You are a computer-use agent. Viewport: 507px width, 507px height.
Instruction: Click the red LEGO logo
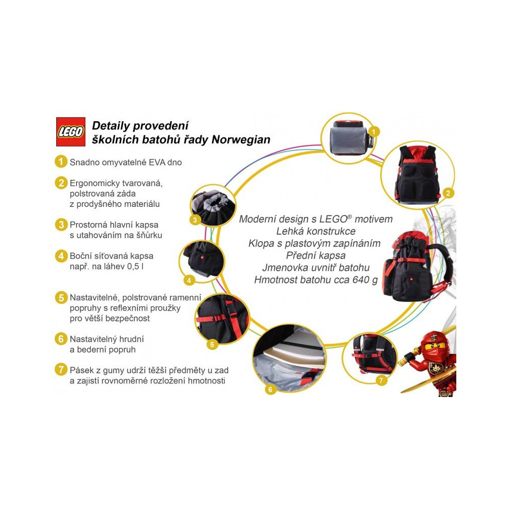tap(71, 132)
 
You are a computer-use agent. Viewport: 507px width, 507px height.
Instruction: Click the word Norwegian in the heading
tap(241, 140)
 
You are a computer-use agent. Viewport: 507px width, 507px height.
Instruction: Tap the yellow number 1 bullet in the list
tap(60, 162)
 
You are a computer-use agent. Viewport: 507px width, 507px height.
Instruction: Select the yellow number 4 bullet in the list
tap(61, 256)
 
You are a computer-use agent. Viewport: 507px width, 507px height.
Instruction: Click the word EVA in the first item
tap(157, 162)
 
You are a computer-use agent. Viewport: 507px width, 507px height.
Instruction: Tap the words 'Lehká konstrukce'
tap(316, 231)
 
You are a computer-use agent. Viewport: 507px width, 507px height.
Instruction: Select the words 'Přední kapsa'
tap(316, 256)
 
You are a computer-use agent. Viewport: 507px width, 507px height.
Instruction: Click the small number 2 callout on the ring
tap(448, 193)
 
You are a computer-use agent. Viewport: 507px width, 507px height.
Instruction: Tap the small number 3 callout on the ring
tap(195, 221)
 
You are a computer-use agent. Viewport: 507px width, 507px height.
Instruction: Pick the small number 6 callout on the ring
tap(270, 389)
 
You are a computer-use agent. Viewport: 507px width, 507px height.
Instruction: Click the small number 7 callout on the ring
tap(381, 380)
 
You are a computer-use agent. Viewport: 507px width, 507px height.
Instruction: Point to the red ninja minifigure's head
tap(436, 345)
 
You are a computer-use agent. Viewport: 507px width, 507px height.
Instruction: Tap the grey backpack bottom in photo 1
tap(347, 140)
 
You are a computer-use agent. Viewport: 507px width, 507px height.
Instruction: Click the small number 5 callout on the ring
tap(212, 345)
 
